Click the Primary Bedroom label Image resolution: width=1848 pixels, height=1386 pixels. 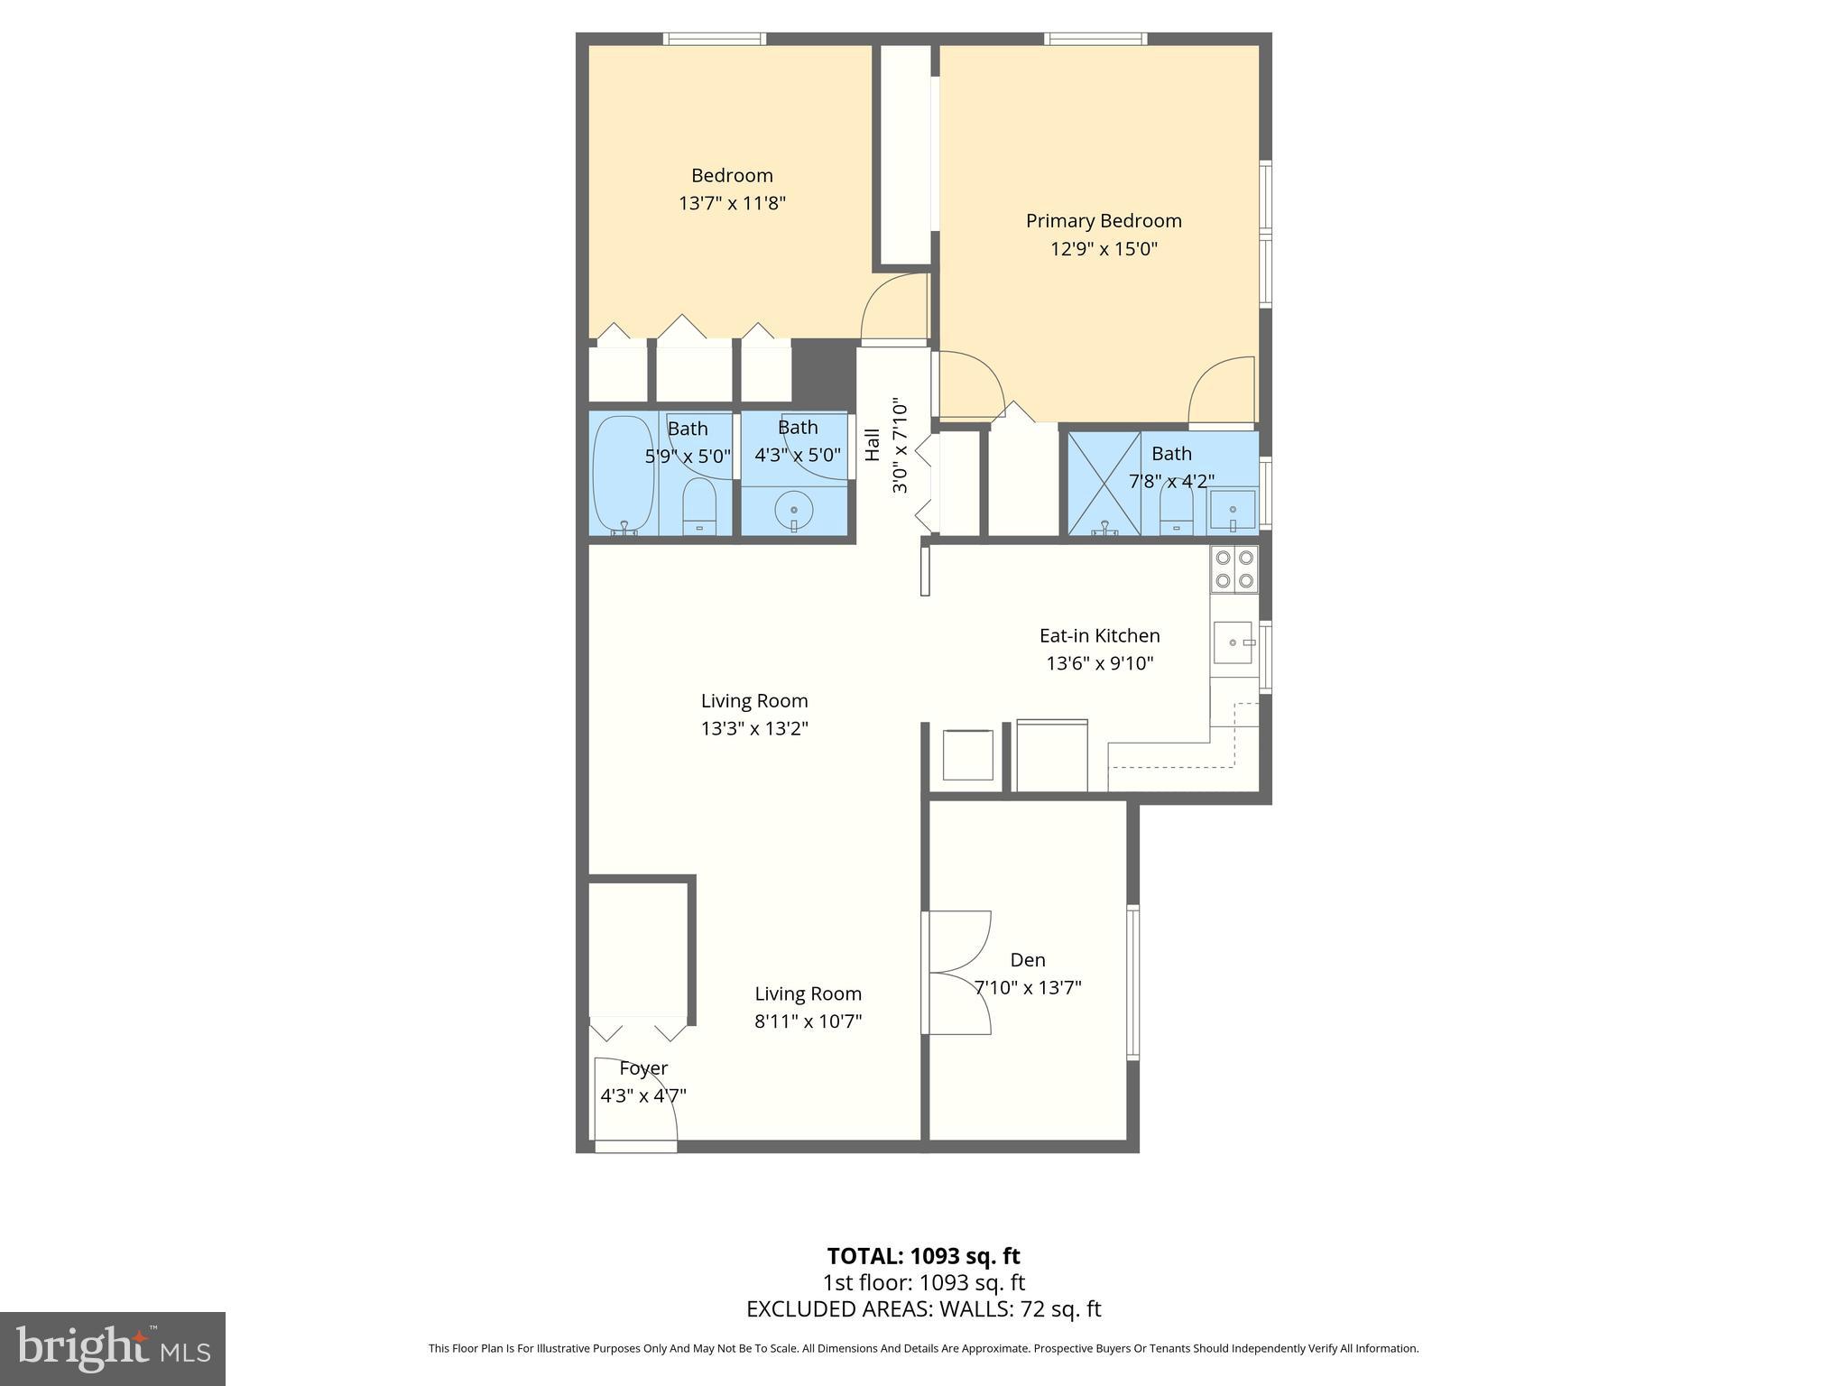click(1103, 221)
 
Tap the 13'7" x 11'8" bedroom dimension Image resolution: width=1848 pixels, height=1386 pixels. click(732, 203)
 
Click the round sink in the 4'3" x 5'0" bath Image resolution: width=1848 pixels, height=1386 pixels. click(794, 512)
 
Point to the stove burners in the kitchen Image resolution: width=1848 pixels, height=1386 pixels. click(1234, 569)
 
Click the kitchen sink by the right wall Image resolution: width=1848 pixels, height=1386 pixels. click(1233, 642)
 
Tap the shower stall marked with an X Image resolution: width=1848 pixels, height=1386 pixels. click(1104, 484)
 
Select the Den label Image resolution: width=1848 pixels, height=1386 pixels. click(1028, 960)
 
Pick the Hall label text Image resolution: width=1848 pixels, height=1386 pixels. click(873, 444)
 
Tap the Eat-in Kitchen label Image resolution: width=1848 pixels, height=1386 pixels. click(1099, 636)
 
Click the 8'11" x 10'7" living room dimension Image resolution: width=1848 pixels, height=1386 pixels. click(808, 1021)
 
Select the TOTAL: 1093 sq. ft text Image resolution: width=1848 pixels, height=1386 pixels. click(923, 1256)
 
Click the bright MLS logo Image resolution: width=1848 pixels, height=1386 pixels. click(113, 1349)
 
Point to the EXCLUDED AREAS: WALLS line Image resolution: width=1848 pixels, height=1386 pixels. click(923, 1309)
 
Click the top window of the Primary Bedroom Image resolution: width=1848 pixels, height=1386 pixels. click(1095, 39)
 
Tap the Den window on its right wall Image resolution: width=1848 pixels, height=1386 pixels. click(1133, 982)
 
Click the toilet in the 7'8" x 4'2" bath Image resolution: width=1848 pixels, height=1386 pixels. click(1176, 513)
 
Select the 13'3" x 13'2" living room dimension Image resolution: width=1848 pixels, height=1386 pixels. click(754, 728)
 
